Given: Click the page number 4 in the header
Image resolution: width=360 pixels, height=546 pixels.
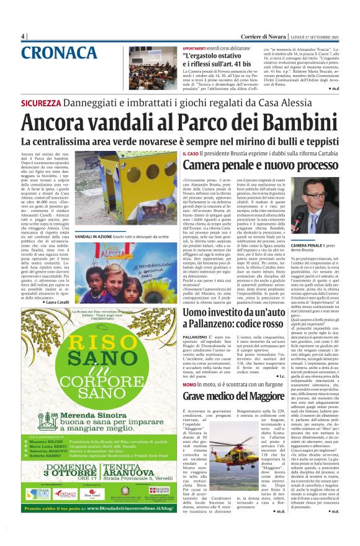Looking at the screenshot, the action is point(23,36).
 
